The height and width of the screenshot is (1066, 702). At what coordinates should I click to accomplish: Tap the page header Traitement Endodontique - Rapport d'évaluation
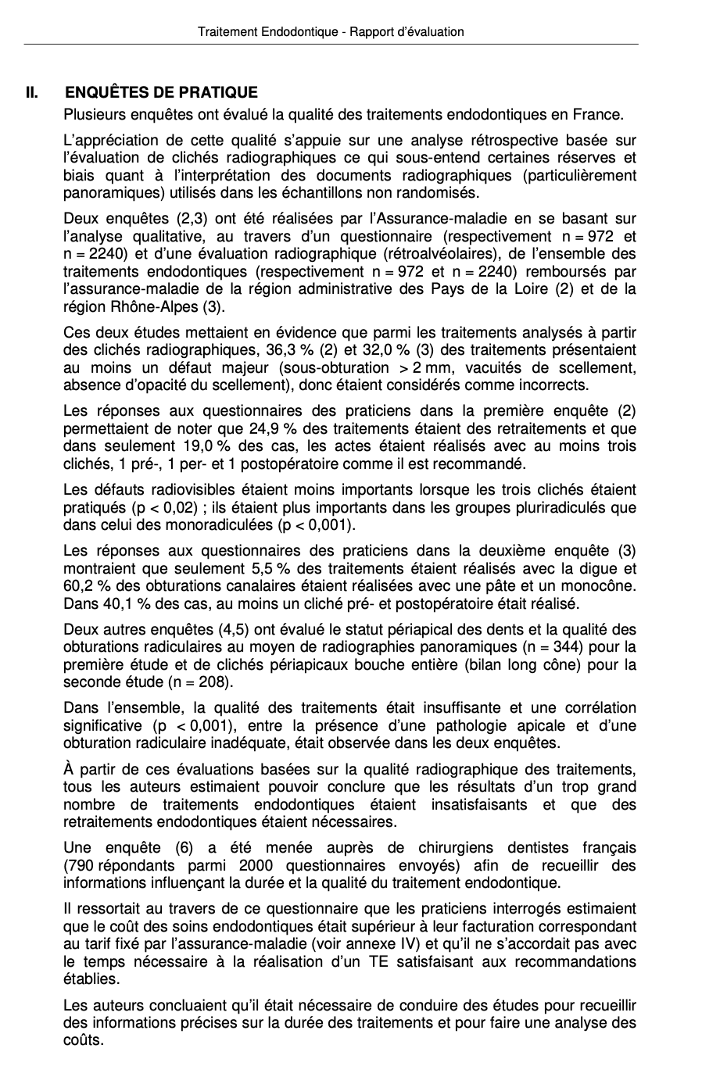[x=331, y=32]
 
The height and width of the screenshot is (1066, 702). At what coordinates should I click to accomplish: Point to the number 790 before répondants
[x=80, y=866]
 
